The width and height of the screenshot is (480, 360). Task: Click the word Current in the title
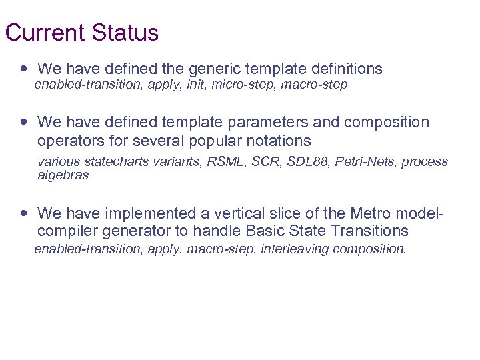click(x=45, y=33)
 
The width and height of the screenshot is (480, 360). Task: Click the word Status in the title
click(x=125, y=33)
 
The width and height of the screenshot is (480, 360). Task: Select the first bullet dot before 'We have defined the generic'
click(x=25, y=69)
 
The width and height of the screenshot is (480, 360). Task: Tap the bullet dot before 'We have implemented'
click(x=25, y=213)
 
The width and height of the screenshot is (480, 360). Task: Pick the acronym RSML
click(x=227, y=162)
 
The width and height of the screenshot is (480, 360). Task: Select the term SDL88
click(x=310, y=162)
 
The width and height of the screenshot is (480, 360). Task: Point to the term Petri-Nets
click(x=365, y=162)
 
